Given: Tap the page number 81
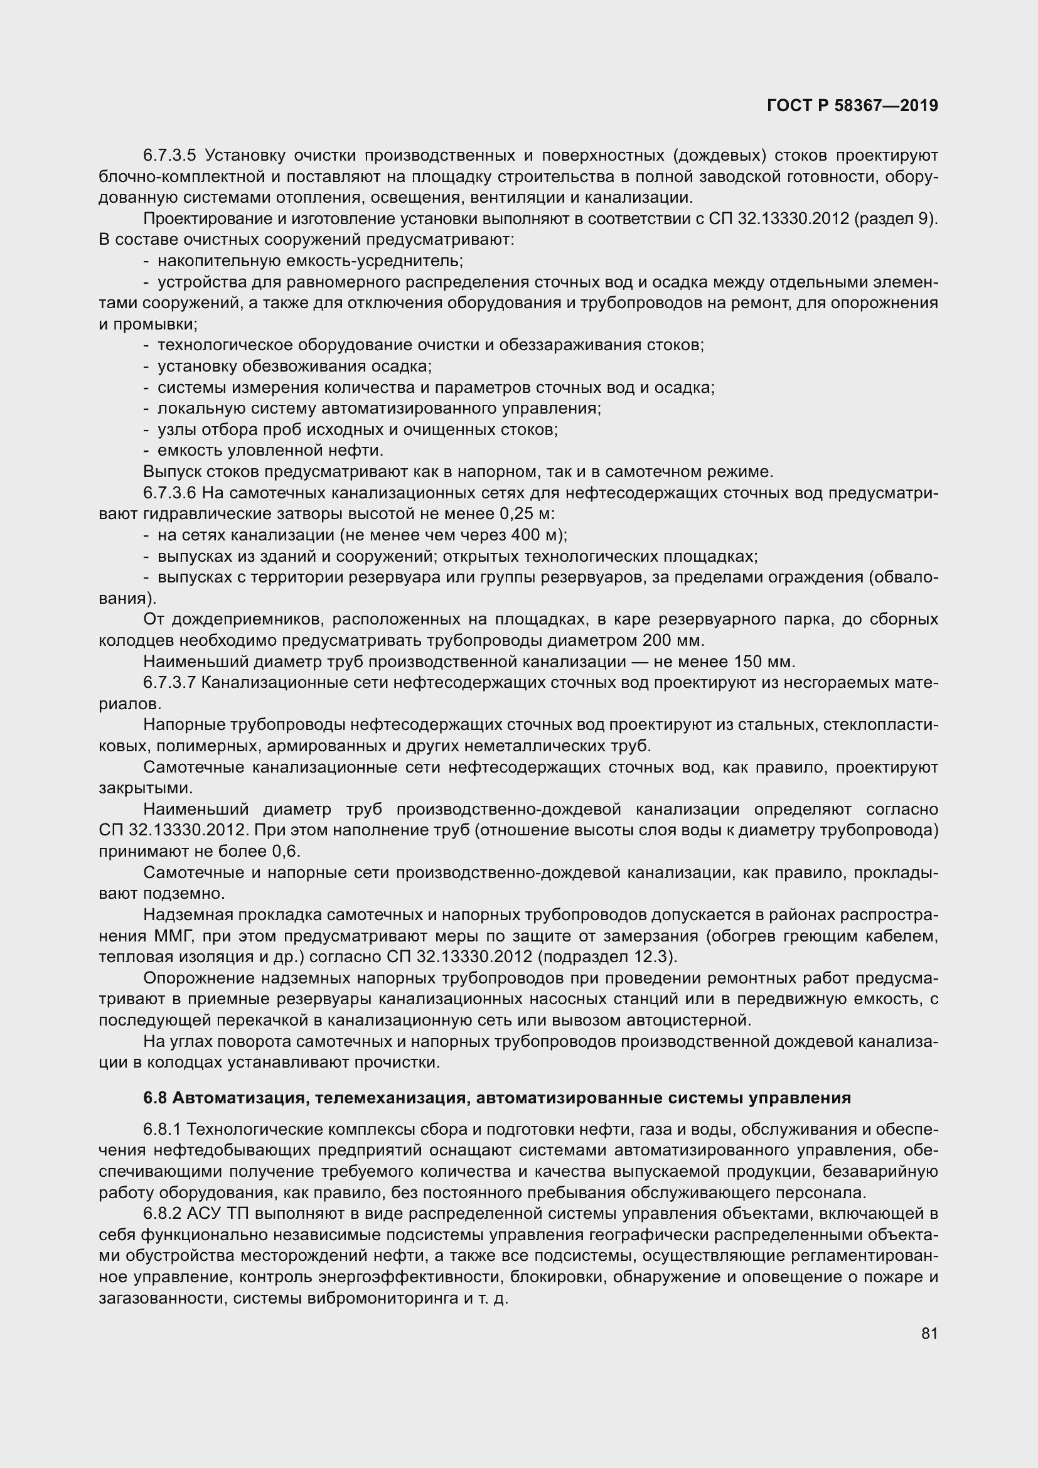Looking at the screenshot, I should pyautogui.click(x=929, y=1333).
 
